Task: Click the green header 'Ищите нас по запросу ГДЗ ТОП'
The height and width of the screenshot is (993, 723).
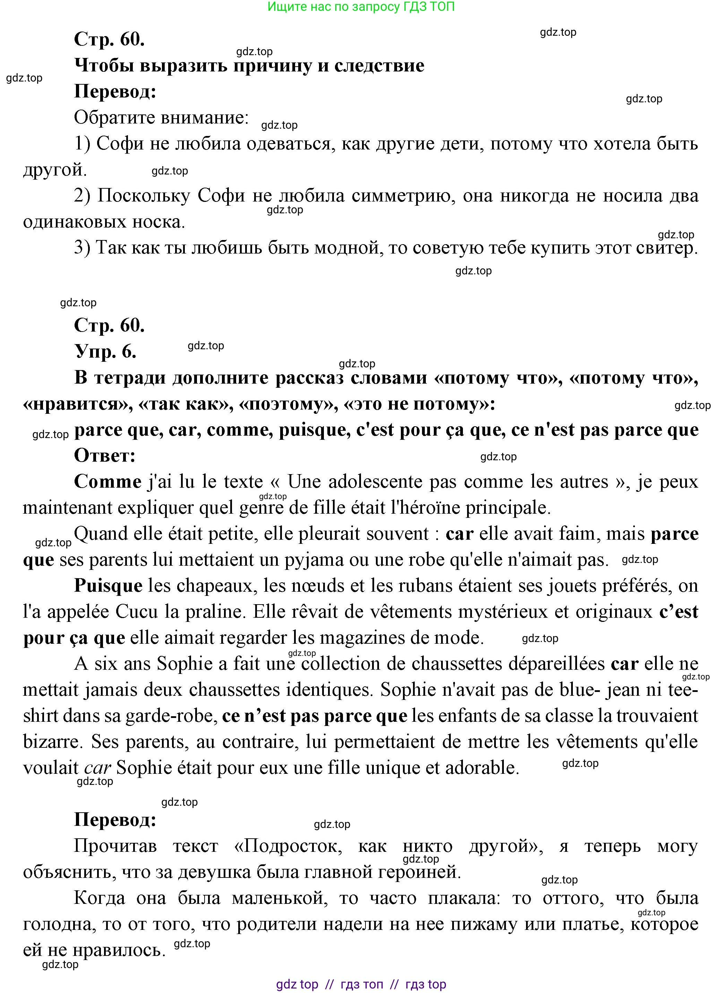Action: coord(361,7)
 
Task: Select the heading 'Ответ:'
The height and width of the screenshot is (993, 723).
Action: coord(105,456)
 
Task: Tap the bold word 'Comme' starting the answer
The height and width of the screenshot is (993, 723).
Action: coord(107,482)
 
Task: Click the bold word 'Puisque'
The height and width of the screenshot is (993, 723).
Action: coord(108,586)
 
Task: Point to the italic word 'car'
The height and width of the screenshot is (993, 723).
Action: coord(97,768)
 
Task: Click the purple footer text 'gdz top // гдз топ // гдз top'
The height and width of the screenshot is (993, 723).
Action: coord(361,985)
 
